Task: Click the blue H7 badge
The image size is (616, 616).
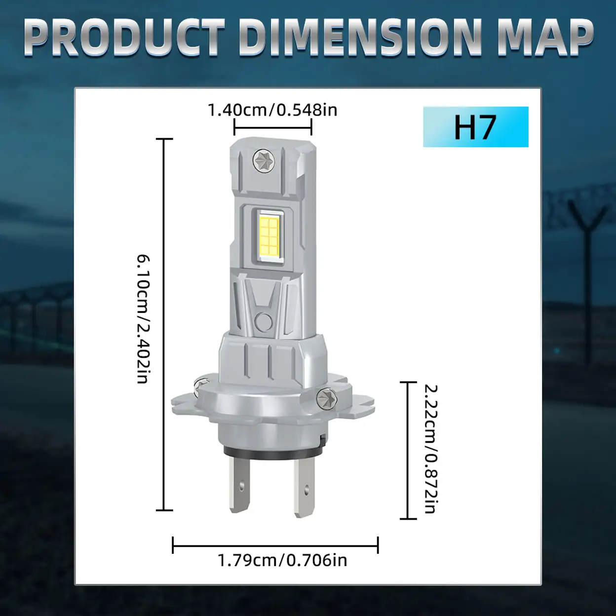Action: (476, 127)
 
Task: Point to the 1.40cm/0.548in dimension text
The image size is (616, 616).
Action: (272, 110)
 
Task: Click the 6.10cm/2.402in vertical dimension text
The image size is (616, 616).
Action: (143, 319)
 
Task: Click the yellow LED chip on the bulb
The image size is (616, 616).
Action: (269, 236)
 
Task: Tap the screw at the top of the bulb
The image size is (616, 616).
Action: (264, 161)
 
